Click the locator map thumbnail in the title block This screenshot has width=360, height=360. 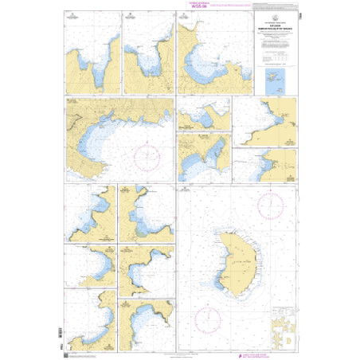[x=276, y=80]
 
